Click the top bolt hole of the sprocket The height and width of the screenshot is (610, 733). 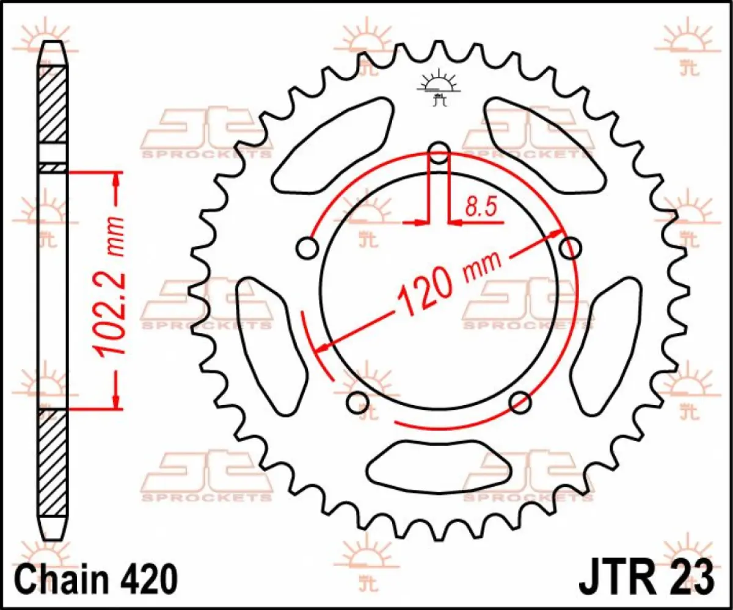point(439,152)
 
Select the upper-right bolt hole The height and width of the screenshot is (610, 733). point(571,247)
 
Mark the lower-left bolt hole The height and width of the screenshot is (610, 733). point(357,401)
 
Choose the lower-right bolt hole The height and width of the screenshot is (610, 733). point(520,401)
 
